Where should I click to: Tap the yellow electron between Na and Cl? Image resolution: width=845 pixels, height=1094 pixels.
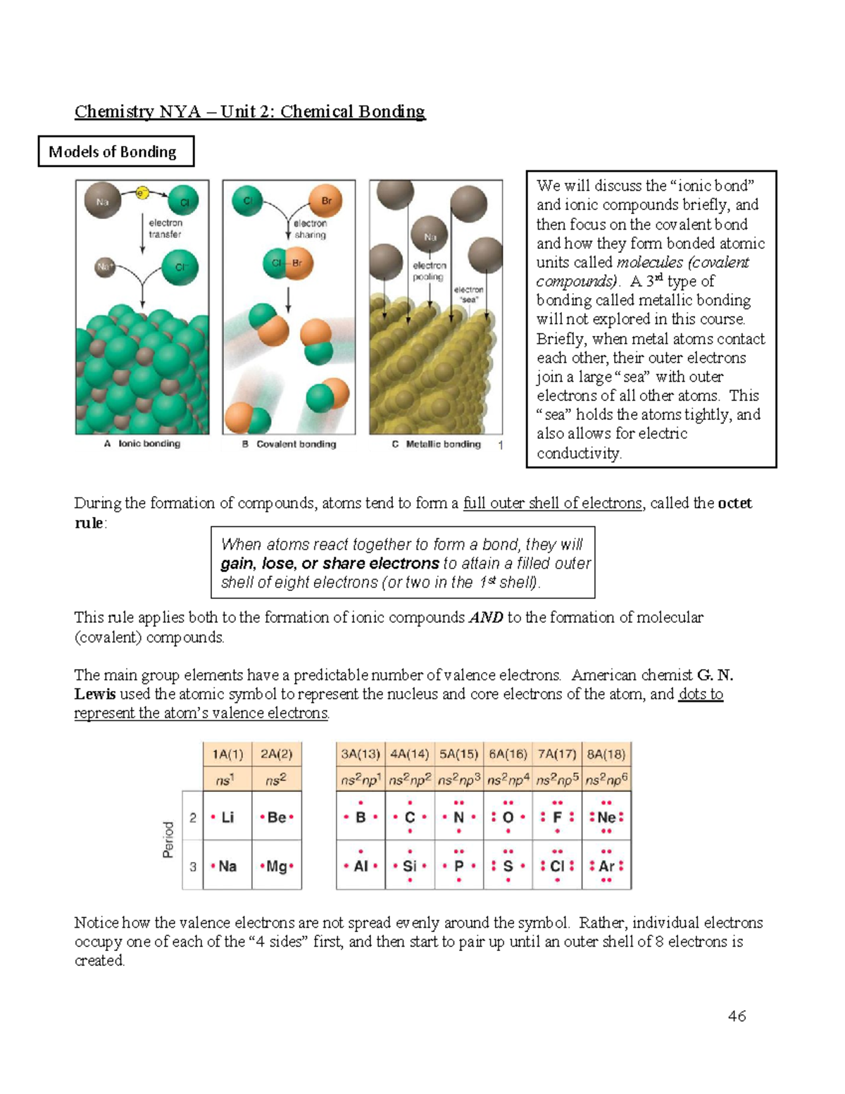click(x=142, y=192)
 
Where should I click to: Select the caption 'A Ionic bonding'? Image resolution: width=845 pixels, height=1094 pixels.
click(x=142, y=444)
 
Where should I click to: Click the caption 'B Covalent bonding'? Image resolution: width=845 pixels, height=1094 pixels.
click(x=289, y=445)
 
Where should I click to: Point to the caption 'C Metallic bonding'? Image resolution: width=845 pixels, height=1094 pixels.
click(x=437, y=445)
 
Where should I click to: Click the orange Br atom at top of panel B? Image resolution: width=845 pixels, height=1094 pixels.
click(x=325, y=201)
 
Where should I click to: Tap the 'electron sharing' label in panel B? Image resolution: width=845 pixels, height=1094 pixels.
click(x=310, y=229)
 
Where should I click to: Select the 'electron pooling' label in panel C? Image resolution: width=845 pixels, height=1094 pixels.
click(x=429, y=271)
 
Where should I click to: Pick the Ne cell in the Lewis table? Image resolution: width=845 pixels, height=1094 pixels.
click(x=606, y=817)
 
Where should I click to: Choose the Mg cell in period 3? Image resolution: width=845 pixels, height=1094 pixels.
click(x=277, y=866)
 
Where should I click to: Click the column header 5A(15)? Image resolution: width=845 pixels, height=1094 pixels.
click(x=458, y=754)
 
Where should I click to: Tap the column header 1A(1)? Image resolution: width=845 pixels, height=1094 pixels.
click(x=227, y=754)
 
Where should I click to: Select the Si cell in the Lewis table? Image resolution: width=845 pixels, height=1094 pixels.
click(x=410, y=866)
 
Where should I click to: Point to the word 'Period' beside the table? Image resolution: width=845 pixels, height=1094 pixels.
click(x=168, y=840)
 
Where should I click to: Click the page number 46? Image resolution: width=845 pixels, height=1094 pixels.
click(x=737, y=1016)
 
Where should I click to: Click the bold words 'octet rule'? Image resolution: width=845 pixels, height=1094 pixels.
click(x=734, y=504)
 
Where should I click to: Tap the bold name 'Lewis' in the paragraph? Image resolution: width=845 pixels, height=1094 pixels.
click(x=95, y=694)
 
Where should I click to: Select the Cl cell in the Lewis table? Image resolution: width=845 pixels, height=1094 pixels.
click(x=557, y=866)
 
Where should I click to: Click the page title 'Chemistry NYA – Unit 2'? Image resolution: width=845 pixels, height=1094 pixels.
click(x=250, y=111)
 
